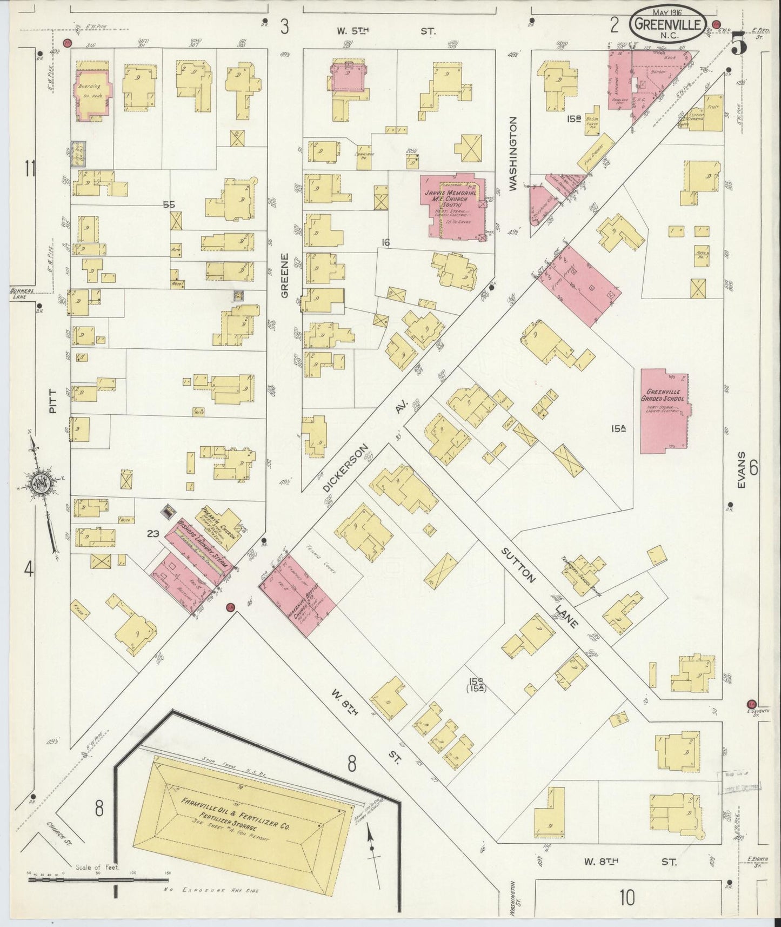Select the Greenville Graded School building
pyautogui.click(x=664, y=411)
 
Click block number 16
pyautogui.click(x=385, y=243)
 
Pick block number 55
pyautogui.click(x=169, y=205)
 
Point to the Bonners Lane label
pyautogui.click(x=22, y=293)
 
